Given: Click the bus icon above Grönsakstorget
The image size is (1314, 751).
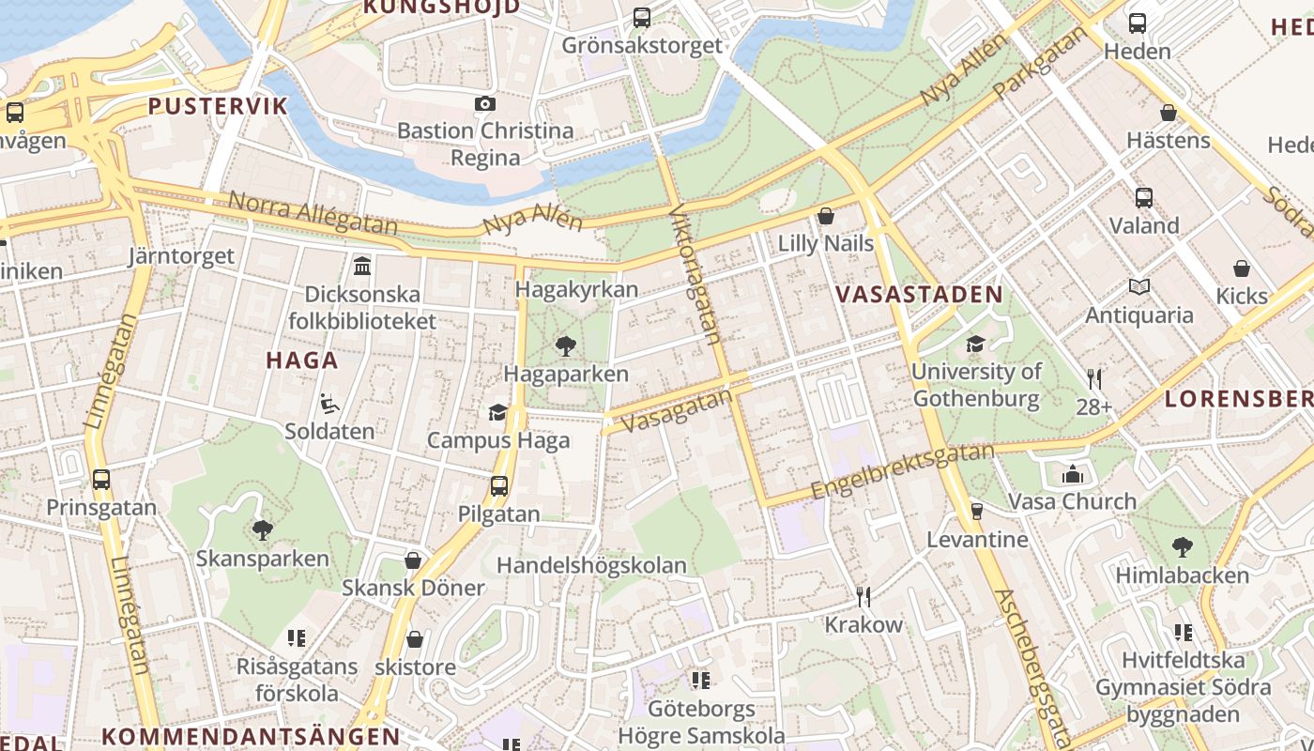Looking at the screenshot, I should [642, 17].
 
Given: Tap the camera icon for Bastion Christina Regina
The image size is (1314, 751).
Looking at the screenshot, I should [484, 103].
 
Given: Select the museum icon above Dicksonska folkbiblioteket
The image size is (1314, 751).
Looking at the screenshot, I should [362, 267].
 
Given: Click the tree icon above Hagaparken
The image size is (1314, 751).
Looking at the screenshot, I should [565, 346].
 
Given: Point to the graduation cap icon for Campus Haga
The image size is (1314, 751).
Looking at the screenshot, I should [497, 412].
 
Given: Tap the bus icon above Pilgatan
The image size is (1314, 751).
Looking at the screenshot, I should [498, 486].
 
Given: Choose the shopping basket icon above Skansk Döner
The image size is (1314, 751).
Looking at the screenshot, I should [413, 560].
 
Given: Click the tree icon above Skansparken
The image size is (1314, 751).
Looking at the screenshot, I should [263, 530].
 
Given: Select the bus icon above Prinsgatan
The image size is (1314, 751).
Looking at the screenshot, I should [101, 480].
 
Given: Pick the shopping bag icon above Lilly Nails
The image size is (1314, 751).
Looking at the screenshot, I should [826, 216].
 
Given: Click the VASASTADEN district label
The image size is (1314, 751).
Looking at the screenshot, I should [919, 294].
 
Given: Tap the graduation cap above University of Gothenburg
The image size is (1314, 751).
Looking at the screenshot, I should [976, 344].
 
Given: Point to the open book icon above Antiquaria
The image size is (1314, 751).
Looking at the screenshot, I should [1139, 287].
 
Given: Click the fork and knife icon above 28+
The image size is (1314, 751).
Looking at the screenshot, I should [1094, 379].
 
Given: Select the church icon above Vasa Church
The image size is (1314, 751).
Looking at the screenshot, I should [1073, 474].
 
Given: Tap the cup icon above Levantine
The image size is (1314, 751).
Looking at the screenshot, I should [976, 512].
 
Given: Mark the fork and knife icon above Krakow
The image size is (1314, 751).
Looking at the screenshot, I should [863, 596].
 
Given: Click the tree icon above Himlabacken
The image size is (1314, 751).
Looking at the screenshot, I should [1183, 546].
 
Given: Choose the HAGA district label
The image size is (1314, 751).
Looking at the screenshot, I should [301, 360].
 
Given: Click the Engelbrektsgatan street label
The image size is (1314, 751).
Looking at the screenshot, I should [902, 472].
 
